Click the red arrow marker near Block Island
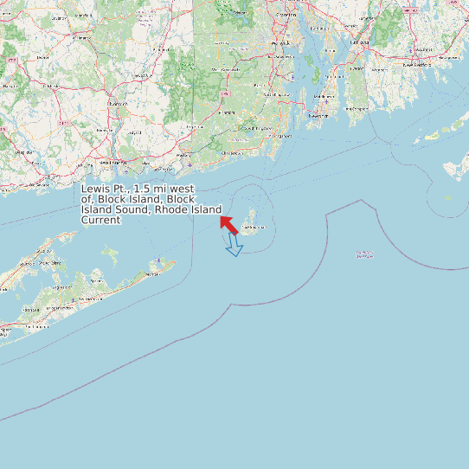point(229,224)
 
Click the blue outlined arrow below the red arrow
point(234,247)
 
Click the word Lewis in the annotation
point(95,189)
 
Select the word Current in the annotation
point(100,220)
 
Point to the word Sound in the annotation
point(131,209)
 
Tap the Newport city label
point(319,115)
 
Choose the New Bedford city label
point(416,64)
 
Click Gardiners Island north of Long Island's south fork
point(110,254)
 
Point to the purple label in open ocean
point(364,255)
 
